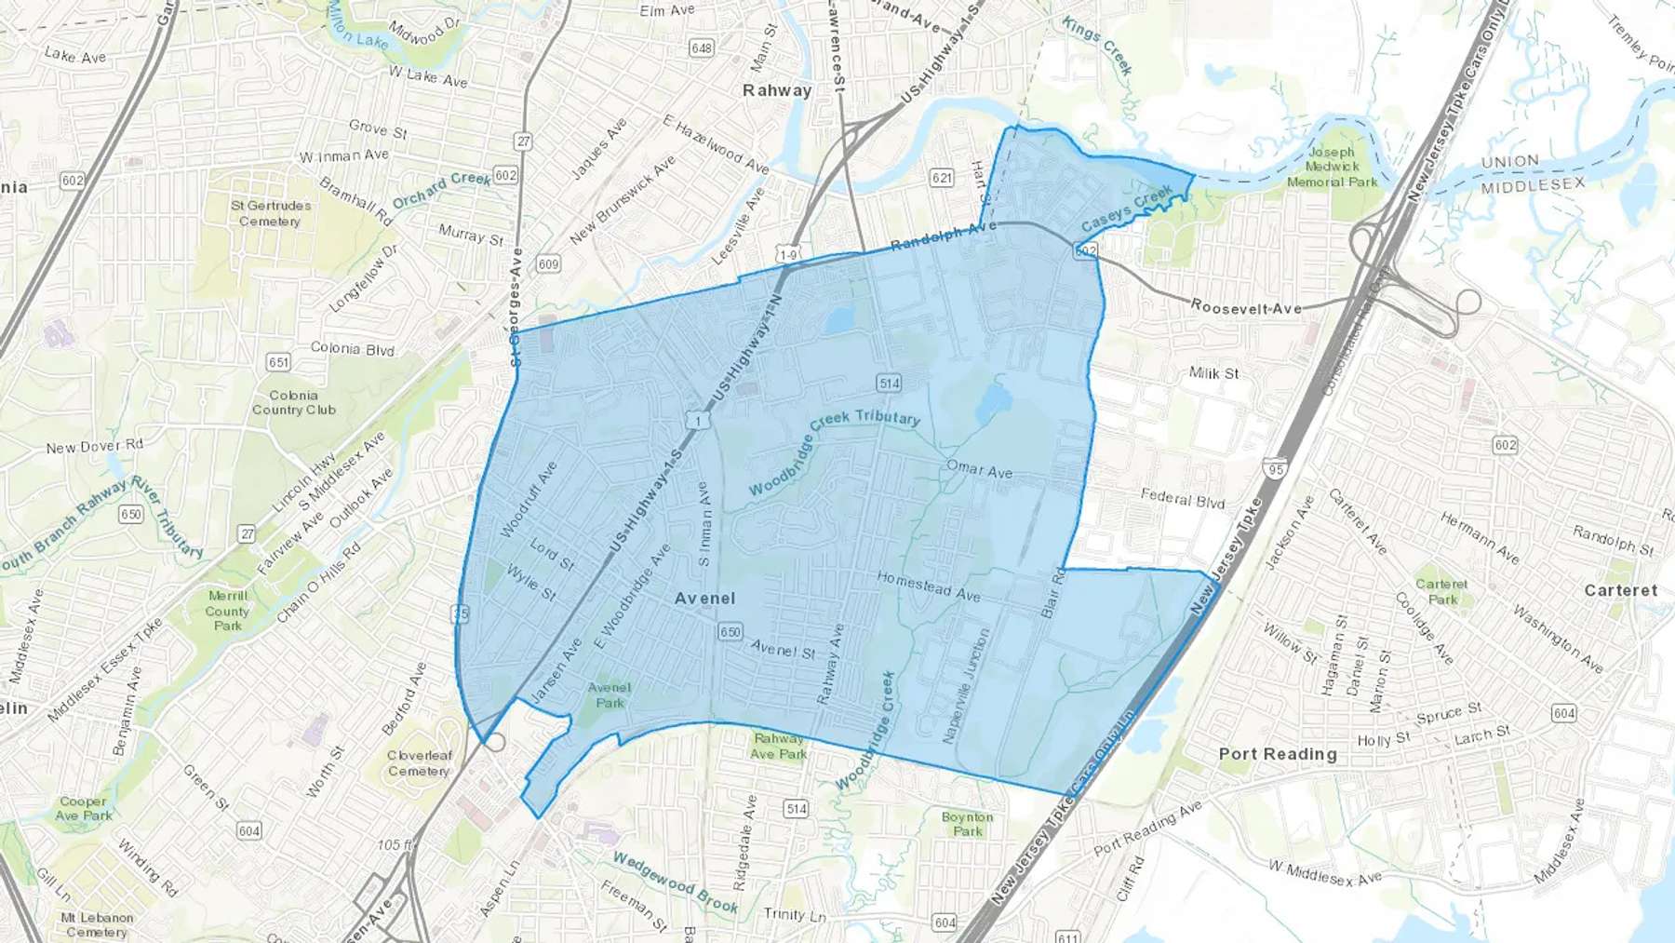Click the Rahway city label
pyautogui.click(x=777, y=90)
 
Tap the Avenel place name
pyautogui.click(x=704, y=599)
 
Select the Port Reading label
pyautogui.click(x=1278, y=754)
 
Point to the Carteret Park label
pyautogui.click(x=1441, y=592)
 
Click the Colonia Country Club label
pyautogui.click(x=293, y=403)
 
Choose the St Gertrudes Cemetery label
pyautogui.click(x=271, y=213)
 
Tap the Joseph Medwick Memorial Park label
pyautogui.click(x=1332, y=167)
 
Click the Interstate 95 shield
pyautogui.click(x=1275, y=469)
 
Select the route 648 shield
pyautogui.click(x=702, y=47)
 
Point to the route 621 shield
pyautogui.click(x=942, y=178)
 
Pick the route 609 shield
pyautogui.click(x=549, y=264)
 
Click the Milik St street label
pyautogui.click(x=1213, y=373)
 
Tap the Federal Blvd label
pyautogui.click(x=1183, y=499)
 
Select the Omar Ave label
pyautogui.click(x=979, y=469)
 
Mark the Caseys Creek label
pyautogui.click(x=1126, y=209)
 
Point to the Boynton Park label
pyautogui.click(x=967, y=824)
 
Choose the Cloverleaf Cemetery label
pyautogui.click(x=419, y=763)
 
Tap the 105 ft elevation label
pyautogui.click(x=395, y=845)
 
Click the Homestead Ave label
pyautogui.click(x=928, y=586)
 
